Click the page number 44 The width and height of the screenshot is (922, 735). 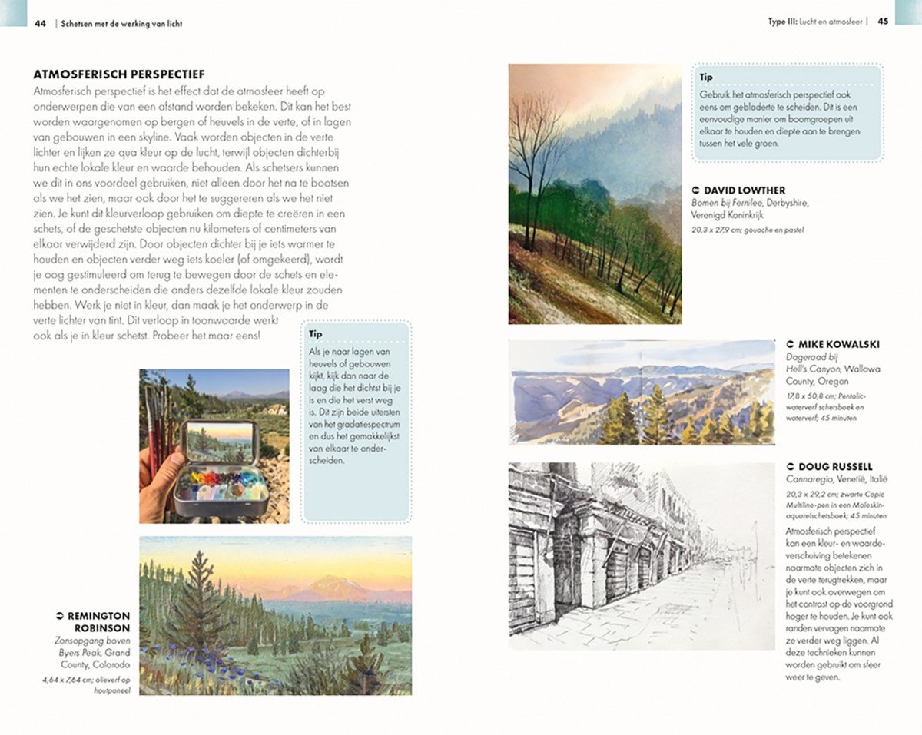pos(41,23)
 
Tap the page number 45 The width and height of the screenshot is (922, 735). pos(883,22)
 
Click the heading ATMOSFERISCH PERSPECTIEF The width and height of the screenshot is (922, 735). pos(118,74)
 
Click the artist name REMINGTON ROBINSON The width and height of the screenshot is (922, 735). pos(98,621)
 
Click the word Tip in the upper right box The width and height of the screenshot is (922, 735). pos(706,78)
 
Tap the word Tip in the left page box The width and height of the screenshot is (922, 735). pos(315,334)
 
